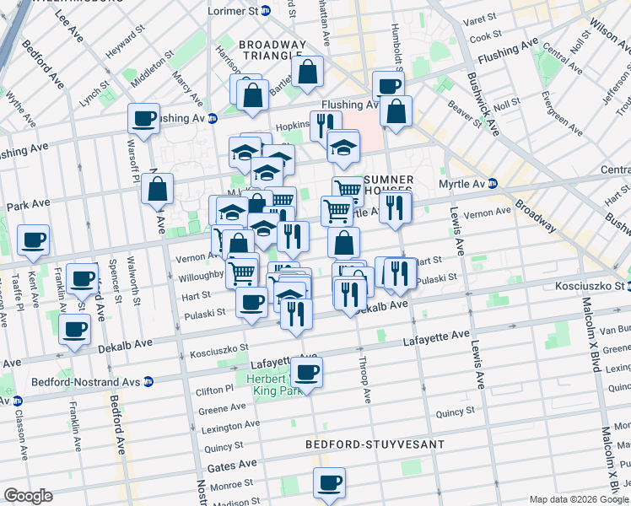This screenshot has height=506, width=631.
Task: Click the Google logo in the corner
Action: (28, 496)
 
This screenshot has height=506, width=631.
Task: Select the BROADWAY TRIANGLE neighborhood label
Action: (272, 51)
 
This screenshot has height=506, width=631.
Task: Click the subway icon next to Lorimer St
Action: (266, 12)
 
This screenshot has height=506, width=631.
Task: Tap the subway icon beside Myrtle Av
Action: (493, 183)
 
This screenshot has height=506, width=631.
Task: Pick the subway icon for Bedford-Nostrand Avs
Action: (148, 381)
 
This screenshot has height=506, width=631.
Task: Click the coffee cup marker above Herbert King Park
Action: (306, 371)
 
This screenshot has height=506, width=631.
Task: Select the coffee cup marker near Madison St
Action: (330, 483)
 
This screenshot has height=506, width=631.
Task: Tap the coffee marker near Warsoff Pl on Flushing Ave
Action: (143, 118)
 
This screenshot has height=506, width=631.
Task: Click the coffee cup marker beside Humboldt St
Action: (388, 85)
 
